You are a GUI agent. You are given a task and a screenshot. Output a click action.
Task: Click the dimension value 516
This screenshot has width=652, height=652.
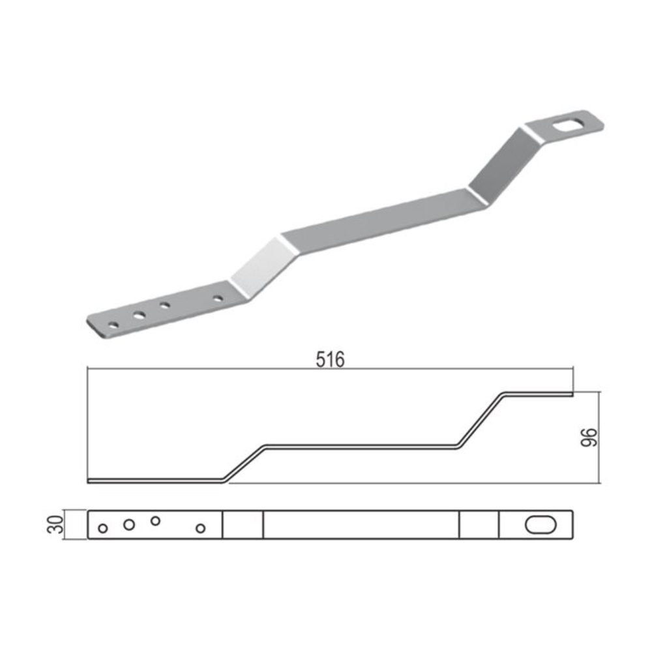click(330, 360)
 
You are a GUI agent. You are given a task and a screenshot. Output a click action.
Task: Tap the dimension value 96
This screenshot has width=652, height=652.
click(589, 437)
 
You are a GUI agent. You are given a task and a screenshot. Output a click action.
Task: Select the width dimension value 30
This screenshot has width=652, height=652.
click(56, 524)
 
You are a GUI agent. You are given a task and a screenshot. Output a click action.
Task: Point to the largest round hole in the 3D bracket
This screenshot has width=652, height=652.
click(140, 316)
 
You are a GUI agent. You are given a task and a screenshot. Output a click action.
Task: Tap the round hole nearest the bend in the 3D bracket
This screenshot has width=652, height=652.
click(218, 298)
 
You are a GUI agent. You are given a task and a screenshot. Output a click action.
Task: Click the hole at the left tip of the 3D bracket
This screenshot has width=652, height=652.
click(113, 325)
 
